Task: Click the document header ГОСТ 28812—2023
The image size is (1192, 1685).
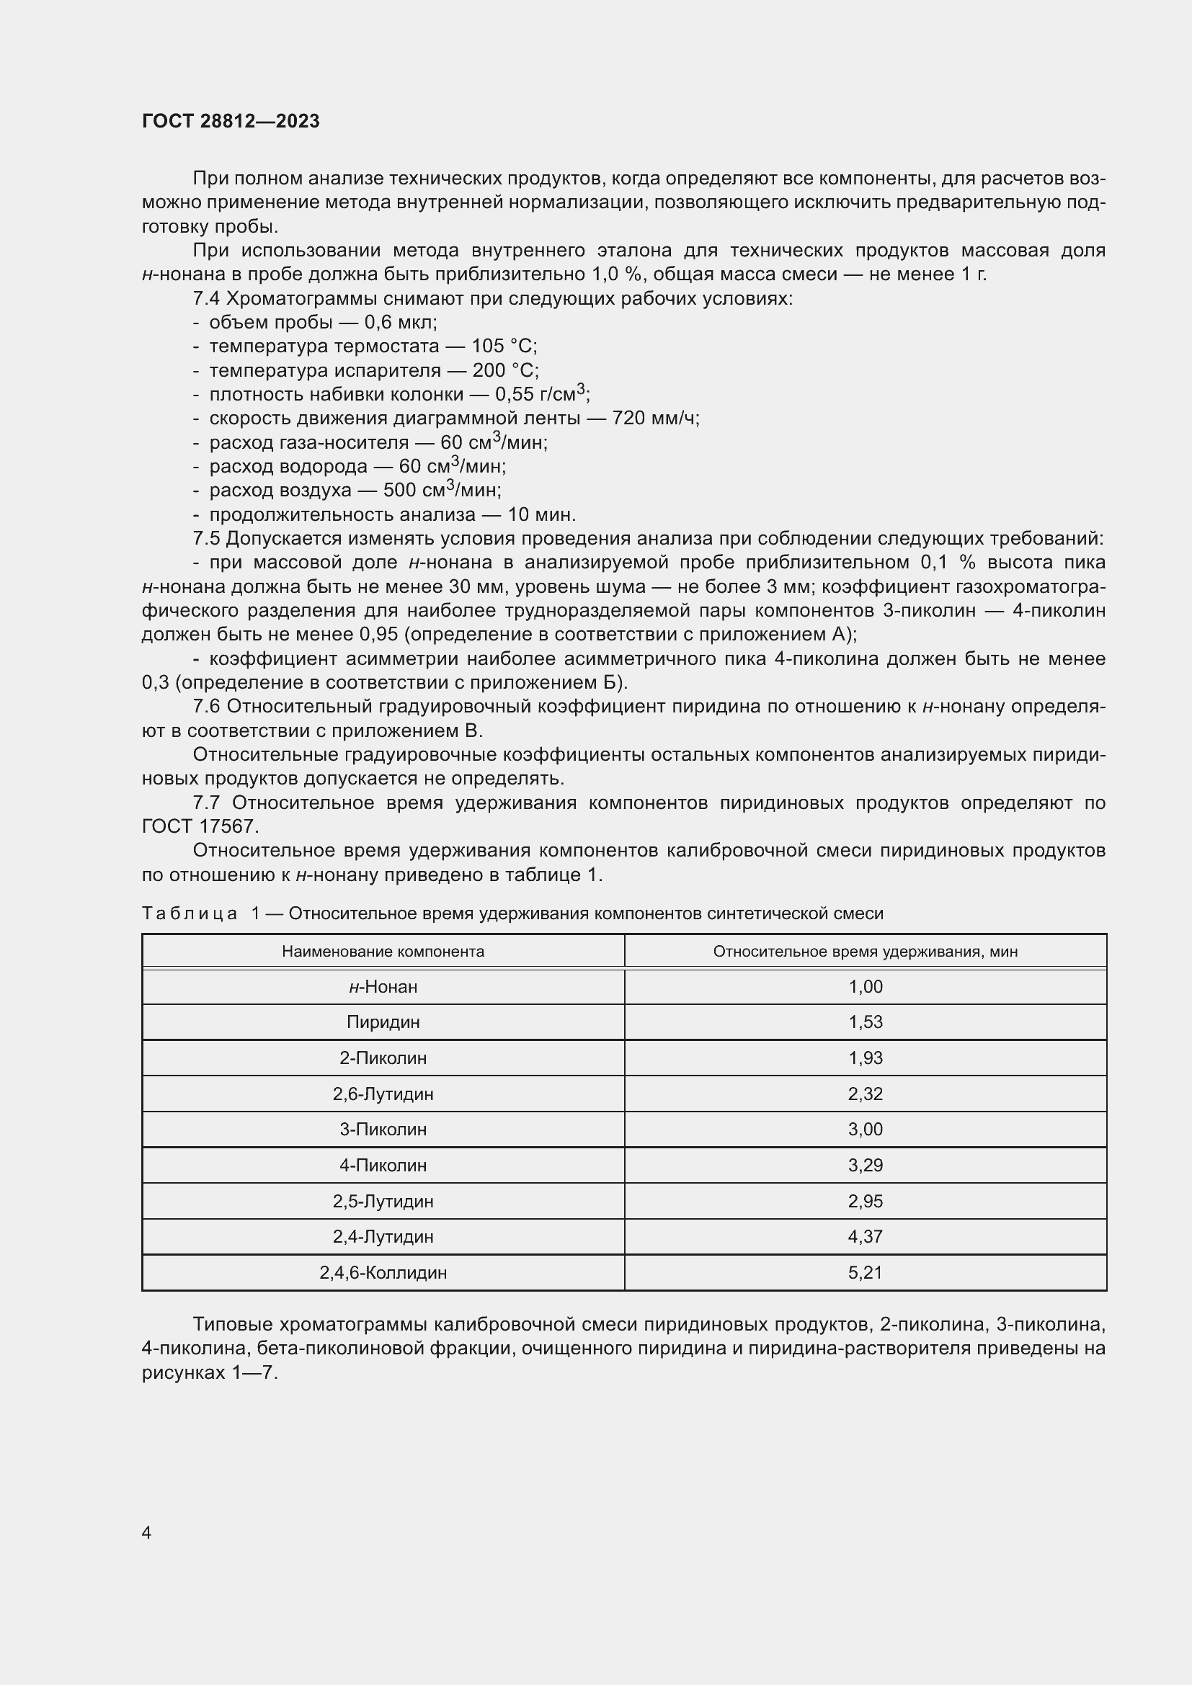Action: (231, 121)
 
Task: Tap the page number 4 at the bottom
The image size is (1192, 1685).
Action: (147, 1532)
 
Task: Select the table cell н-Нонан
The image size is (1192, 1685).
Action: (383, 987)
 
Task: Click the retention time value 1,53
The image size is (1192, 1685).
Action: (865, 1022)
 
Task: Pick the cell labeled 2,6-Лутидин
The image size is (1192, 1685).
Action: (383, 1094)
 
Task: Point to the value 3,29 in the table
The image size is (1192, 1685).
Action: (865, 1166)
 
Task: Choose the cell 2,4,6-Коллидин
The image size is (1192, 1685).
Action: (383, 1272)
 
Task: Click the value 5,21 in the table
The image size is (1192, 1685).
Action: (865, 1272)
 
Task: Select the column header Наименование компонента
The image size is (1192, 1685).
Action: (383, 952)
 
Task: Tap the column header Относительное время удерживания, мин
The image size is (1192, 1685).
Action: (865, 952)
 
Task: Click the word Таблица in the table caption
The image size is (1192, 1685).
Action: (190, 913)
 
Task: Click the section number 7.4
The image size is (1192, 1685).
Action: (206, 299)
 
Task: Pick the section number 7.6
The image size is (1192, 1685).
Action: (206, 707)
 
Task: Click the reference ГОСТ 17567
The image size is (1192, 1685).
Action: (200, 826)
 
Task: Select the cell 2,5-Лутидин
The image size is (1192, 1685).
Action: (383, 1202)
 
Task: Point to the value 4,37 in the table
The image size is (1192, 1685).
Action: (865, 1237)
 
